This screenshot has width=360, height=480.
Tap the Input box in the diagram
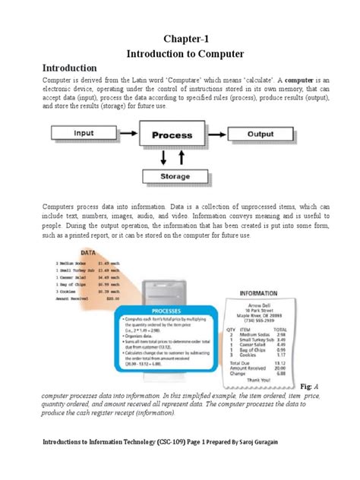point(84,133)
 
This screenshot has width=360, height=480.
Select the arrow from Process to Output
point(219,134)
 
